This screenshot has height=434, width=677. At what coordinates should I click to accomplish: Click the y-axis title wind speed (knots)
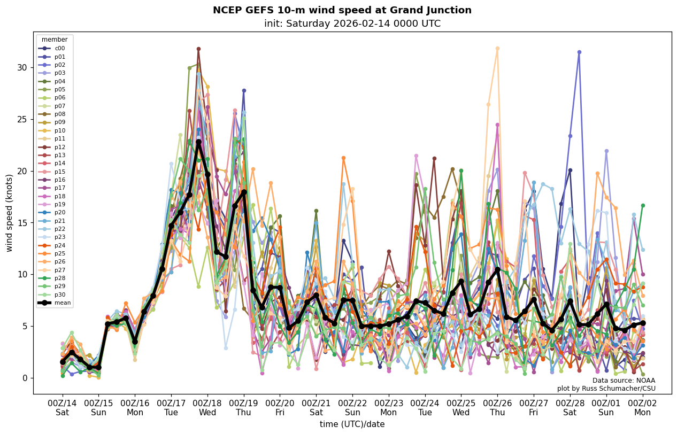coord(9,213)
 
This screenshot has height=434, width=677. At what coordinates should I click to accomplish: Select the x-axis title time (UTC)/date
coord(352,424)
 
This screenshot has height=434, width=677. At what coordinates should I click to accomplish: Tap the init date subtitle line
coord(352,24)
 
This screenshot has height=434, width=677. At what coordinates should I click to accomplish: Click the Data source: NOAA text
coord(624,381)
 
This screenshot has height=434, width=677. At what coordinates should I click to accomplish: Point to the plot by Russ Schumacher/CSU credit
coord(606,389)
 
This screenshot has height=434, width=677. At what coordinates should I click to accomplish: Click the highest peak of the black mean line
coord(198,142)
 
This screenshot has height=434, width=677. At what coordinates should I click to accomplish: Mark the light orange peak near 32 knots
coord(497,49)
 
